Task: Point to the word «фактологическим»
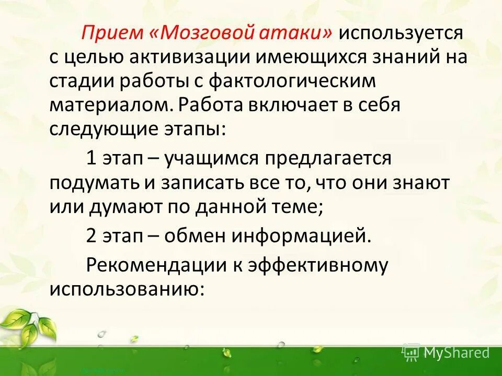[292, 81]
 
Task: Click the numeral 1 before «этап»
[91, 158]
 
